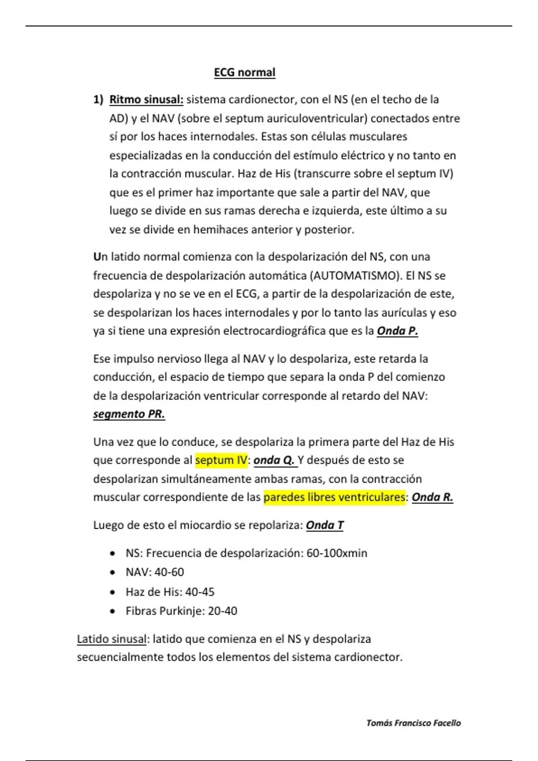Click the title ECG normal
coord(244,73)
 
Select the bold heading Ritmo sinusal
coord(146,99)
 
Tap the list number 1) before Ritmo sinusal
coord(98,99)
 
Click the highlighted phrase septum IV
coord(221,460)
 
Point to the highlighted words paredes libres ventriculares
coord(334,497)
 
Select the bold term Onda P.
coord(397,331)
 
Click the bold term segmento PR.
coord(129,414)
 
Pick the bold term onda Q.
coord(274,460)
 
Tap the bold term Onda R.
coord(432,497)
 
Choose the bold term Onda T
coord(325,525)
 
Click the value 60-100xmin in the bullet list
coord(337,553)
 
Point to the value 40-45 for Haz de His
coord(200,592)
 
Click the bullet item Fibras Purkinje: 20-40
coord(181,611)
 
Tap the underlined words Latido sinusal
coord(112,639)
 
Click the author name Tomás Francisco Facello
coord(413,723)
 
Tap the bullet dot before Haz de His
coord(112,592)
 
